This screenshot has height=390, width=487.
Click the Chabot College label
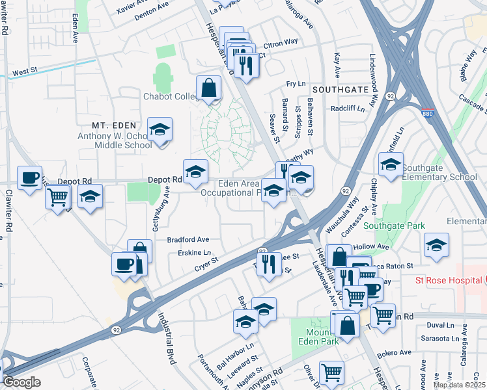[171, 96]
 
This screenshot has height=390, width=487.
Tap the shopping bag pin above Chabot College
[208, 88]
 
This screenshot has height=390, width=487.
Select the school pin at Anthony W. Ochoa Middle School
[160, 130]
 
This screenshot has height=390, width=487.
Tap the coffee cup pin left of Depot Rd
[29, 179]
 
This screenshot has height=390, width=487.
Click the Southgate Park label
[394, 226]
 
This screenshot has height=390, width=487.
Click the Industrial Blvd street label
[168, 338]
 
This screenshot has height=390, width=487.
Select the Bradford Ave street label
[188, 239]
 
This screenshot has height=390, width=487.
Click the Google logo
[21, 382]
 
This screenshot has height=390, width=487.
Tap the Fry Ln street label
[296, 84]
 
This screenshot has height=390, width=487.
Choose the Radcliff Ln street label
[348, 109]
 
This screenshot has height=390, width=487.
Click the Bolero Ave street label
[397, 352]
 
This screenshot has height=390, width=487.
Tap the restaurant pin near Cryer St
[267, 265]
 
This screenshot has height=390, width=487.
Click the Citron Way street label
[281, 42]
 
